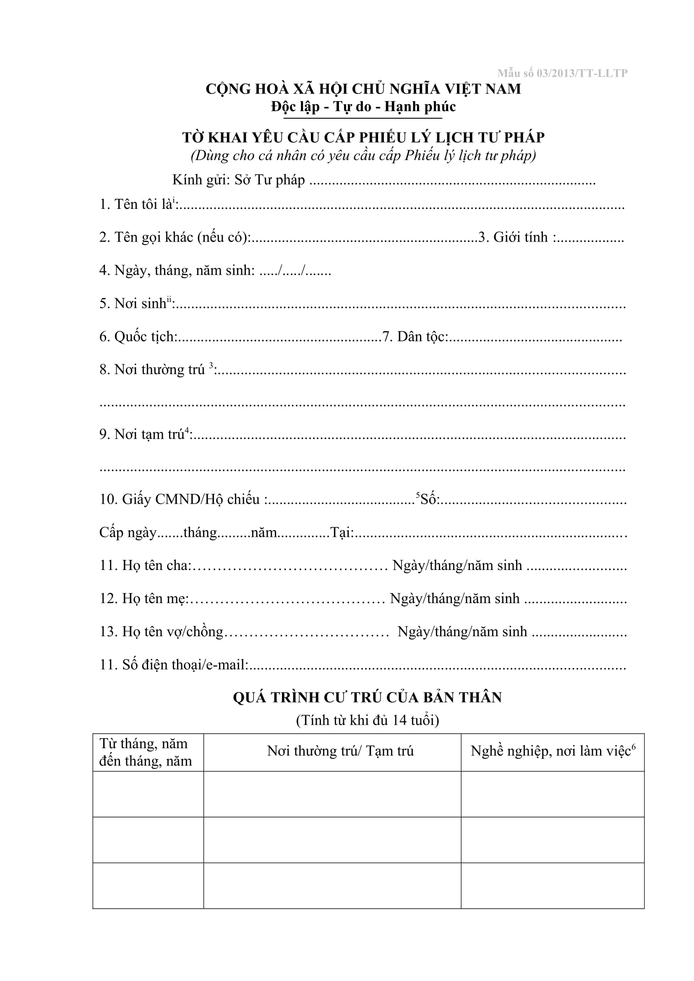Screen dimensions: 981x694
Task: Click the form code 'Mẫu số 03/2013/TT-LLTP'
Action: pyautogui.click(x=562, y=73)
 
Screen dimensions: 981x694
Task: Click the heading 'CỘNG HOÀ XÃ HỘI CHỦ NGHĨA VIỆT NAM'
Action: pyautogui.click(x=363, y=89)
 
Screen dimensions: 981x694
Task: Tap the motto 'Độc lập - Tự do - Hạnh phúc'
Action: pyautogui.click(x=363, y=107)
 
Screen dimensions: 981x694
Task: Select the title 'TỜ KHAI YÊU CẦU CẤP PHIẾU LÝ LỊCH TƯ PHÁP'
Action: pyautogui.click(x=363, y=137)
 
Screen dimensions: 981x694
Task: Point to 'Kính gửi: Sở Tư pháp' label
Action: pyautogui.click(x=238, y=180)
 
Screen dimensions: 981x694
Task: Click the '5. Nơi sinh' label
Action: pyautogui.click(x=135, y=303)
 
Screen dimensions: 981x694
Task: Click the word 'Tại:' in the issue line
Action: pyautogui.click(x=342, y=532)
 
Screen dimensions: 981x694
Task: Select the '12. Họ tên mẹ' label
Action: pyautogui.click(x=144, y=598)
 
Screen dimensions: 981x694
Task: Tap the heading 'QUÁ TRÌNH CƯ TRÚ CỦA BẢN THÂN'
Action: pyautogui.click(x=368, y=698)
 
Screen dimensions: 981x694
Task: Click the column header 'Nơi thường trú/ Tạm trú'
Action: pyautogui.click(x=340, y=751)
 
